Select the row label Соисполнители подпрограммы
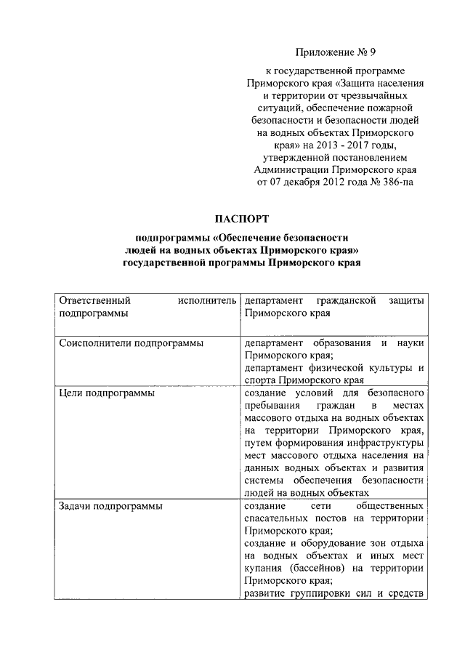(x=130, y=342)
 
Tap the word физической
(x=336, y=368)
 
